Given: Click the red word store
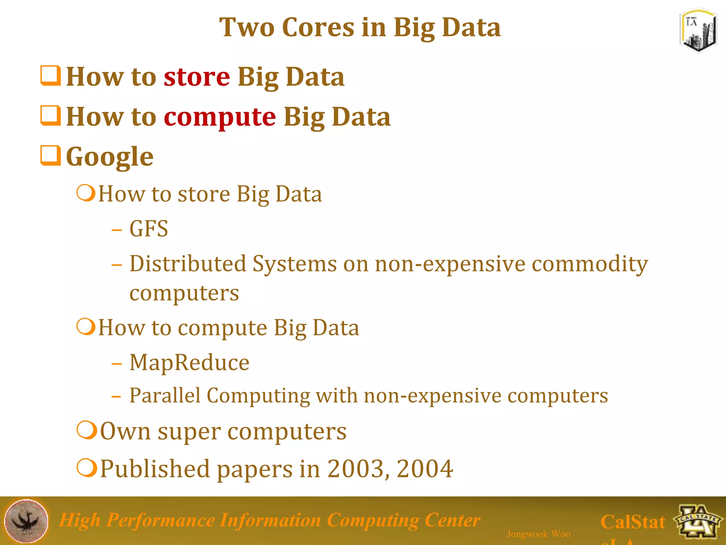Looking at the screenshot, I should pyautogui.click(x=197, y=77).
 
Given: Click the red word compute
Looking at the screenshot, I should pyautogui.click(x=220, y=117).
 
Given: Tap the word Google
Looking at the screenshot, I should pyautogui.click(x=110, y=157).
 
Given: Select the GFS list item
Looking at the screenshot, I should pyautogui.click(x=149, y=229).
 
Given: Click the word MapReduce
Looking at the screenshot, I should pyautogui.click(x=189, y=363).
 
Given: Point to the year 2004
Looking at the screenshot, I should pyautogui.click(x=425, y=469).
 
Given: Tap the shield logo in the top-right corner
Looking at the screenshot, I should pyautogui.click(x=698, y=31).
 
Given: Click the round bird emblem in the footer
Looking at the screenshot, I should pyautogui.click(x=26, y=521).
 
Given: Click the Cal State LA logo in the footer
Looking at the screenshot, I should pyautogui.click(x=698, y=521).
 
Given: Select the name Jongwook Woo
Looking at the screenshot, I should pyautogui.click(x=538, y=534).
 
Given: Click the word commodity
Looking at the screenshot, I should pyautogui.click(x=590, y=264).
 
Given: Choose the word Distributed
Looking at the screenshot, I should pyautogui.click(x=188, y=264).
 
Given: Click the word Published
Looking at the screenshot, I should pyautogui.click(x=155, y=469).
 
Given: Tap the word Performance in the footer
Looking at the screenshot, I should pyautogui.click(x=160, y=521).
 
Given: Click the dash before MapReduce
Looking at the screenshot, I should pyautogui.click(x=117, y=364).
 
